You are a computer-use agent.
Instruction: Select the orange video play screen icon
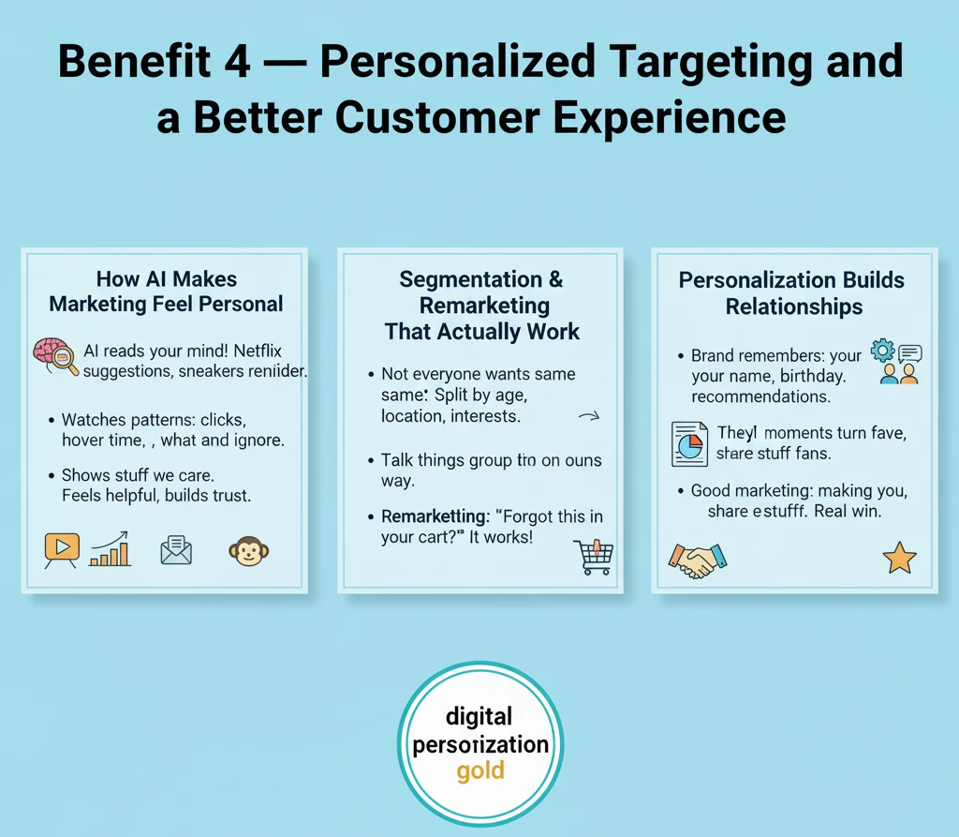62,550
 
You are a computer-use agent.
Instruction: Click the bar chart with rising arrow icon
111,550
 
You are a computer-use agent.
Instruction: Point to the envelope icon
176,551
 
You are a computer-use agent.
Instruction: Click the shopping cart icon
592,557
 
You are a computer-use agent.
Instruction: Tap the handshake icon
697,560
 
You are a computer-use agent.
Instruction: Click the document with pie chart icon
689,443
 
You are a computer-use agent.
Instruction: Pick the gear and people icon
896,362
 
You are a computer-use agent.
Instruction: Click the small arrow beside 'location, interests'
589,418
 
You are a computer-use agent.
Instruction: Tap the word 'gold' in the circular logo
480,772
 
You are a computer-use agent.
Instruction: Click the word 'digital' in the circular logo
479,717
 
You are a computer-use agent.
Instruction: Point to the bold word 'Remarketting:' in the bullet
434,517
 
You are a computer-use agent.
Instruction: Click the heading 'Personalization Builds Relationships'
793,293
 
